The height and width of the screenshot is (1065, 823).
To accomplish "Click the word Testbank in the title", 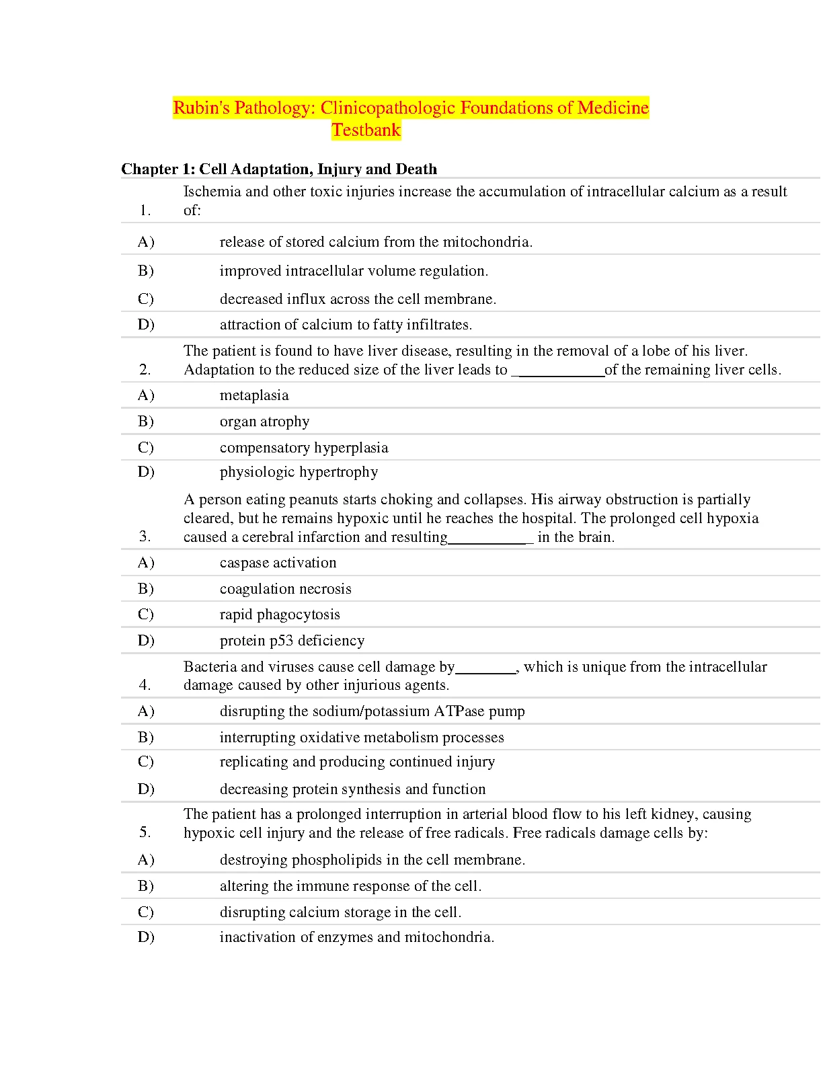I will click(x=366, y=130).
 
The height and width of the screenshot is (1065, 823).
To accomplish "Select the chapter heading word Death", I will click(x=416, y=169).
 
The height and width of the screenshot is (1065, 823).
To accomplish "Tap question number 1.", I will click(x=145, y=210).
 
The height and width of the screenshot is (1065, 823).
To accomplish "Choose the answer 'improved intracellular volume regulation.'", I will click(x=354, y=271).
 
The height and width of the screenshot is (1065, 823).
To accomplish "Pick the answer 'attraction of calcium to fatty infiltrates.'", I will click(x=346, y=325).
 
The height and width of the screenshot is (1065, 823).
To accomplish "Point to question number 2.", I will click(x=145, y=370).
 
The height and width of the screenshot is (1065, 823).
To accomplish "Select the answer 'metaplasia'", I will click(x=254, y=395).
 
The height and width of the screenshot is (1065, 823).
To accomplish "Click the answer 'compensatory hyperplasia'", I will click(x=304, y=448).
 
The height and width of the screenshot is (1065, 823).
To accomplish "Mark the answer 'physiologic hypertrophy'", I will click(x=299, y=472).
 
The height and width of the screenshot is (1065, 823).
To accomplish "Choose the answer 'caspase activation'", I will click(x=278, y=563).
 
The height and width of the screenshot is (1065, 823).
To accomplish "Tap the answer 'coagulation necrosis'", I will click(x=285, y=589).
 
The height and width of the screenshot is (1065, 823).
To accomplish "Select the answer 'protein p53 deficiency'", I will click(x=292, y=641).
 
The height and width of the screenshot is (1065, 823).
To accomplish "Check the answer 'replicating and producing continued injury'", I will click(x=357, y=762).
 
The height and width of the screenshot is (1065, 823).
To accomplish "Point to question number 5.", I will click(x=145, y=832).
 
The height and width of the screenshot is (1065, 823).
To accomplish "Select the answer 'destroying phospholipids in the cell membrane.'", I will click(x=373, y=860).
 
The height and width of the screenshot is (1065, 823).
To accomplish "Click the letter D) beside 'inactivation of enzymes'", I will click(x=146, y=937).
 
